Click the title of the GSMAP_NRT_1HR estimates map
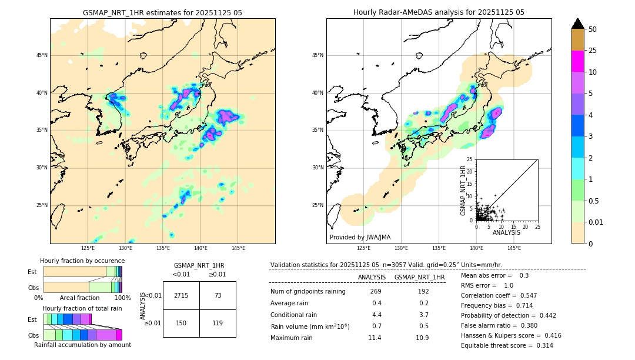pyautogui.click(x=162, y=12)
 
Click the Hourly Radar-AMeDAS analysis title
pyautogui.click(x=439, y=12)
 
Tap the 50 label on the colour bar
pyautogui.click(x=593, y=29)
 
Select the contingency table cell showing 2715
pyautogui.click(x=181, y=295)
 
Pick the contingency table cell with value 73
pyautogui.click(x=218, y=295)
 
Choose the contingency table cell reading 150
pyautogui.click(x=181, y=323)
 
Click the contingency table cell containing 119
pyautogui.click(x=218, y=323)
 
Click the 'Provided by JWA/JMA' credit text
pyautogui.click(x=360, y=238)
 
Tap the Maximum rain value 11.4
pyautogui.click(x=375, y=338)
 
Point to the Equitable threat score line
pyautogui.click(x=507, y=345)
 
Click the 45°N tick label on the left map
pyautogui.click(x=42, y=55)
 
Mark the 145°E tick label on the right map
pyautogui.click(x=514, y=248)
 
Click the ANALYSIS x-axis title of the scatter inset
pyautogui.click(x=506, y=232)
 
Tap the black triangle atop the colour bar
pyautogui.click(x=578, y=24)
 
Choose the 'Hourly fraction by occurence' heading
pyautogui.click(x=82, y=261)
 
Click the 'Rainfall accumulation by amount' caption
pyautogui.click(x=82, y=345)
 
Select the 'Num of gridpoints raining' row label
pyautogui.click(x=308, y=292)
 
